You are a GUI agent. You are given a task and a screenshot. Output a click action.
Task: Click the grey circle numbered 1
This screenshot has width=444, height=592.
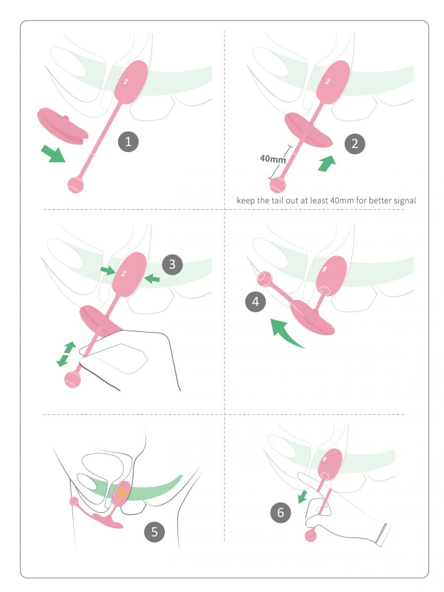128,142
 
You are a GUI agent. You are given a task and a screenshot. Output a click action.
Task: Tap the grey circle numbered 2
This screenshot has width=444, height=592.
355,144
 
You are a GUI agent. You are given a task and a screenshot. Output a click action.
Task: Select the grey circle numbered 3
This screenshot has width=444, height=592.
172,264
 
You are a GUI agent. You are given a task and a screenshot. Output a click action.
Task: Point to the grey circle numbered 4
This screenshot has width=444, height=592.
255,301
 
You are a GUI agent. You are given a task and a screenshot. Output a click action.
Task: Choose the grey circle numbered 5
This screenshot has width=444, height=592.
154,532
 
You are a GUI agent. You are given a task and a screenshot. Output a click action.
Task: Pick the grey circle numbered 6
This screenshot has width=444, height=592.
281,513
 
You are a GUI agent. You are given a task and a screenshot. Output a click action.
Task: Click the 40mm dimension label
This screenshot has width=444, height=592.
272,159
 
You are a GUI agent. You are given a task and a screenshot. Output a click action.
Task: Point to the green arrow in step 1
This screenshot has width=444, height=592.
53,153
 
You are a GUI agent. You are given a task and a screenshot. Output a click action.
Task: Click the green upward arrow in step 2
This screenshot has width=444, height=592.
327,163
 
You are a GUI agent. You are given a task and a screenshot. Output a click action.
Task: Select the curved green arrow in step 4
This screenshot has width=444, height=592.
285,333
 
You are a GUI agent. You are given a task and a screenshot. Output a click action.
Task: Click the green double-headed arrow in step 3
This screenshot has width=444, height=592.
66,354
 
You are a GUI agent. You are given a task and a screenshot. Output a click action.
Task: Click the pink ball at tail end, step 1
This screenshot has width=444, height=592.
76,185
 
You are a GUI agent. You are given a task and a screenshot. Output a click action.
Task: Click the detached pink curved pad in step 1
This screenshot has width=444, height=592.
63,126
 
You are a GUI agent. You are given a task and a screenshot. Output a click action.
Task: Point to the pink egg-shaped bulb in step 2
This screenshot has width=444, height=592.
333,82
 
